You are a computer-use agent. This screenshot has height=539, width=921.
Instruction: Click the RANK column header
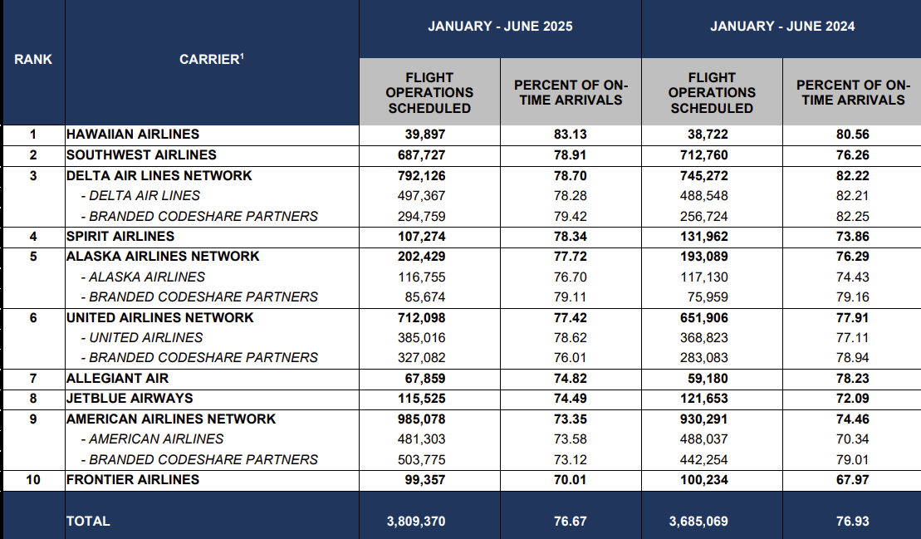[33, 59]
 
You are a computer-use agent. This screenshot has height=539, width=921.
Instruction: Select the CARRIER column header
[212, 59]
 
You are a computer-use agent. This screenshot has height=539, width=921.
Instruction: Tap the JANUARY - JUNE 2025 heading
[500, 27]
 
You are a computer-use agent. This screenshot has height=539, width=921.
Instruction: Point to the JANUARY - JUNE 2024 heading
[782, 27]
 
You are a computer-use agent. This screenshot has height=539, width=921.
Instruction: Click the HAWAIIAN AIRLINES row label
[133, 135]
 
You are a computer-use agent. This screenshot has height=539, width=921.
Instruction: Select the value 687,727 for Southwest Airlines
[421, 155]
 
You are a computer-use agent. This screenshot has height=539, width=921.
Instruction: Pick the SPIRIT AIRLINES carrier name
[120, 237]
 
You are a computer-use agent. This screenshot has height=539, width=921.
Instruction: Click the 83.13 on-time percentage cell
[570, 135]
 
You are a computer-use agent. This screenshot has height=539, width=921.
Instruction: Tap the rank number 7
[33, 379]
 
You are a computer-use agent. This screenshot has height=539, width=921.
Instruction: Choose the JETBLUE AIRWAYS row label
[130, 399]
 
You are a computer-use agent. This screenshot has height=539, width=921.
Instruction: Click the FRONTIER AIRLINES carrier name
[133, 480]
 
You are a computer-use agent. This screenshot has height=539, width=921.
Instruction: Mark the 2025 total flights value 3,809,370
[416, 522]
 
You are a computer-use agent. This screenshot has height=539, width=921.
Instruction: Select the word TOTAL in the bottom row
[88, 522]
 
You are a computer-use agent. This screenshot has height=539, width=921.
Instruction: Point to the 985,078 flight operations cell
[421, 419]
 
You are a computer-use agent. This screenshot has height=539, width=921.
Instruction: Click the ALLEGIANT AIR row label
[117, 379]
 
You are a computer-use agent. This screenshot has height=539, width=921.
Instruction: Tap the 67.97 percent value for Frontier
[852, 480]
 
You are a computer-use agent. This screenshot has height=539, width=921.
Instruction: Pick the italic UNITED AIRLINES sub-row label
[145, 338]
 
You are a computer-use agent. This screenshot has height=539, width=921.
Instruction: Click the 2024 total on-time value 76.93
[852, 522]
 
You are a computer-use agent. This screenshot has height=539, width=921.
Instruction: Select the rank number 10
[33, 480]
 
